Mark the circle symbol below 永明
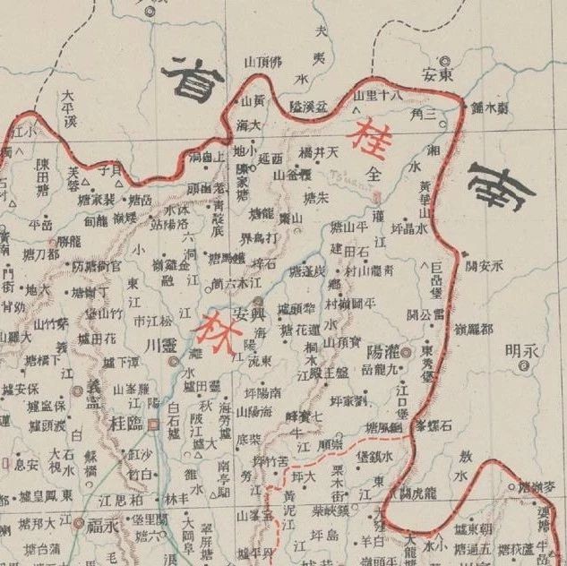[x=521, y=366]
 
